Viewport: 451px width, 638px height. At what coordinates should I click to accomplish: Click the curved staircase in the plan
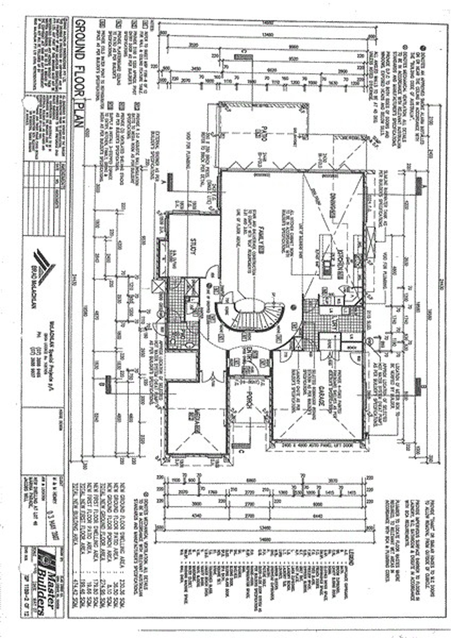[250, 314]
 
